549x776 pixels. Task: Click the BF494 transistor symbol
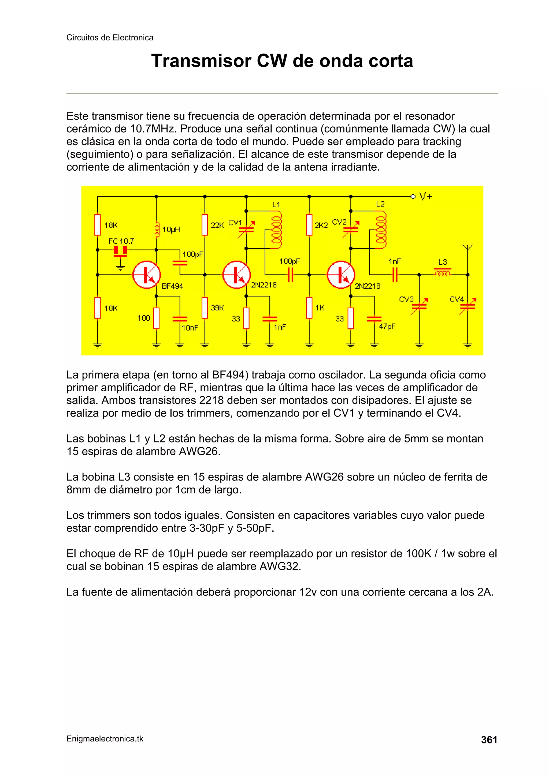coord(146,275)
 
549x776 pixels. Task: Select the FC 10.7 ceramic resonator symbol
coord(120,251)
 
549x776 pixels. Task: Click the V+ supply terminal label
coord(425,196)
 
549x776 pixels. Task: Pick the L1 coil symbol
coord(276,230)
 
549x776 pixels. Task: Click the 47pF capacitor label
coord(387,327)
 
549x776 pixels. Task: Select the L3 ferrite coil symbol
coord(443,272)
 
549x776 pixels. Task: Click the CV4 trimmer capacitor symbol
coord(468,306)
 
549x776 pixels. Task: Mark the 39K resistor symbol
coord(205,308)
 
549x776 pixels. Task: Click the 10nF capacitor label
coord(190,328)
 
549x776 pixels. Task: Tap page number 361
coord(489,740)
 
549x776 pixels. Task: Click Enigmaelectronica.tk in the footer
coord(105,738)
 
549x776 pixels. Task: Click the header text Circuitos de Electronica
coord(110,38)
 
